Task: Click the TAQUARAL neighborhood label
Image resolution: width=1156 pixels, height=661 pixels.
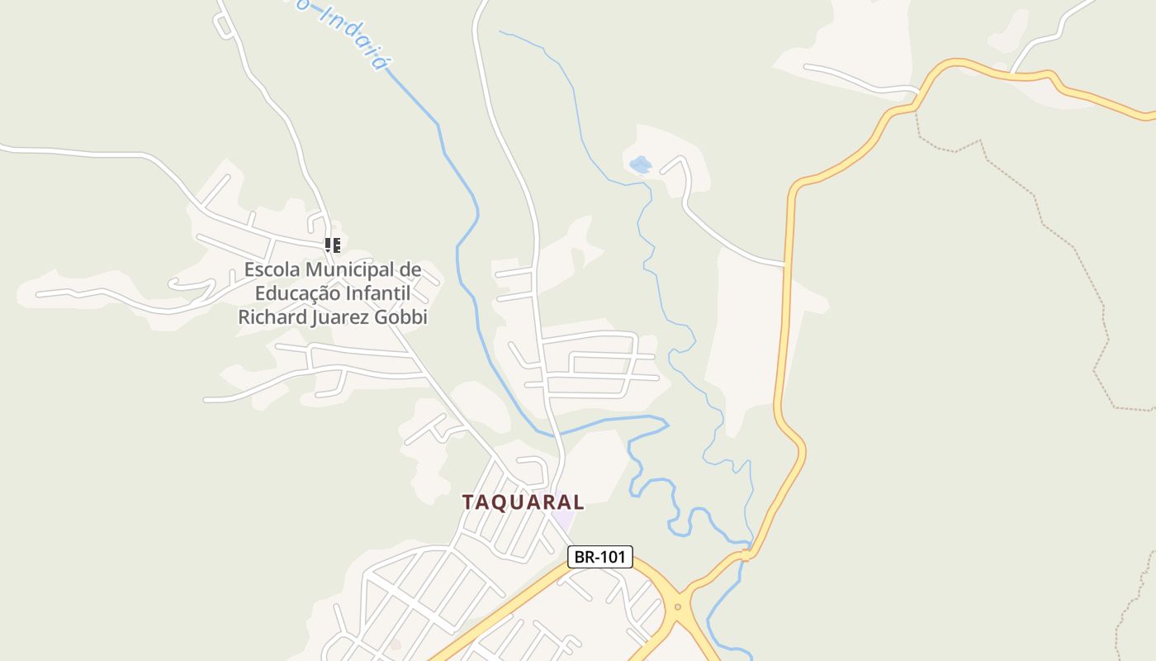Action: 523,502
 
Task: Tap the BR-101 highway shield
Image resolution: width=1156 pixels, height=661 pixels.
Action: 600,557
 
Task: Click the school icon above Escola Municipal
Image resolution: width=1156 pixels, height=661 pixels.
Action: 332,245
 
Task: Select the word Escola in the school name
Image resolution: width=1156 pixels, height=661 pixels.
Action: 272,269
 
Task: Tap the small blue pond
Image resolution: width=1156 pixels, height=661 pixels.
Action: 640,164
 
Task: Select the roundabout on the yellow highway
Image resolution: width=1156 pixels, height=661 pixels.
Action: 677,607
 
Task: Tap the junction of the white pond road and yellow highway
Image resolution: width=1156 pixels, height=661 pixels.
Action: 784,265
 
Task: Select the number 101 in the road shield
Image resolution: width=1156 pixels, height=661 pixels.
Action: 612,557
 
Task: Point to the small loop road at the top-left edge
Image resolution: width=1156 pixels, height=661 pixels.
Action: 224,26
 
